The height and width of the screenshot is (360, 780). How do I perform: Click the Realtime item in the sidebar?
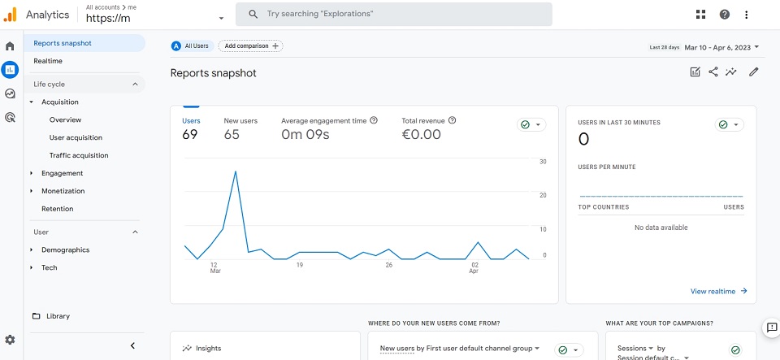click(x=48, y=61)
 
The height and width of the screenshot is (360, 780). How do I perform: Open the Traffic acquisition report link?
click(x=79, y=156)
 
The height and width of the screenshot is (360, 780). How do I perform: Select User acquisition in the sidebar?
click(x=76, y=137)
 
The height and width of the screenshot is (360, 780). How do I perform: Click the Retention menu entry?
click(x=57, y=209)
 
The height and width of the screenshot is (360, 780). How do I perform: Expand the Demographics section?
click(x=65, y=250)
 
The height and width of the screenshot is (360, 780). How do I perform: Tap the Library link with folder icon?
click(x=50, y=316)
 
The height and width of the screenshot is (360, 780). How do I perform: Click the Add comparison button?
click(x=251, y=46)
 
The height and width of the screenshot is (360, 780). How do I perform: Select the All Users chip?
click(x=193, y=46)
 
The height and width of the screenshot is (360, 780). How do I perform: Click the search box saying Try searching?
click(x=393, y=14)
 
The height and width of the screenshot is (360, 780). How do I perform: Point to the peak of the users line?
click(x=236, y=171)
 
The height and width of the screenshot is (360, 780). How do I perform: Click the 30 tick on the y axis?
click(x=544, y=162)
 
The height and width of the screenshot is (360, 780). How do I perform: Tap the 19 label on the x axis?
click(x=300, y=265)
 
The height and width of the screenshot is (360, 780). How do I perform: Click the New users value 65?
click(x=232, y=134)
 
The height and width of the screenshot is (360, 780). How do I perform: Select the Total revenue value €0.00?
click(x=421, y=134)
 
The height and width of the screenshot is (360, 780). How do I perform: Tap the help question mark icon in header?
click(x=725, y=15)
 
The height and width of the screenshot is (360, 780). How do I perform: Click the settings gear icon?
click(x=10, y=340)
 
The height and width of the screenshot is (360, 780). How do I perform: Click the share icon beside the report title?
click(x=713, y=72)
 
